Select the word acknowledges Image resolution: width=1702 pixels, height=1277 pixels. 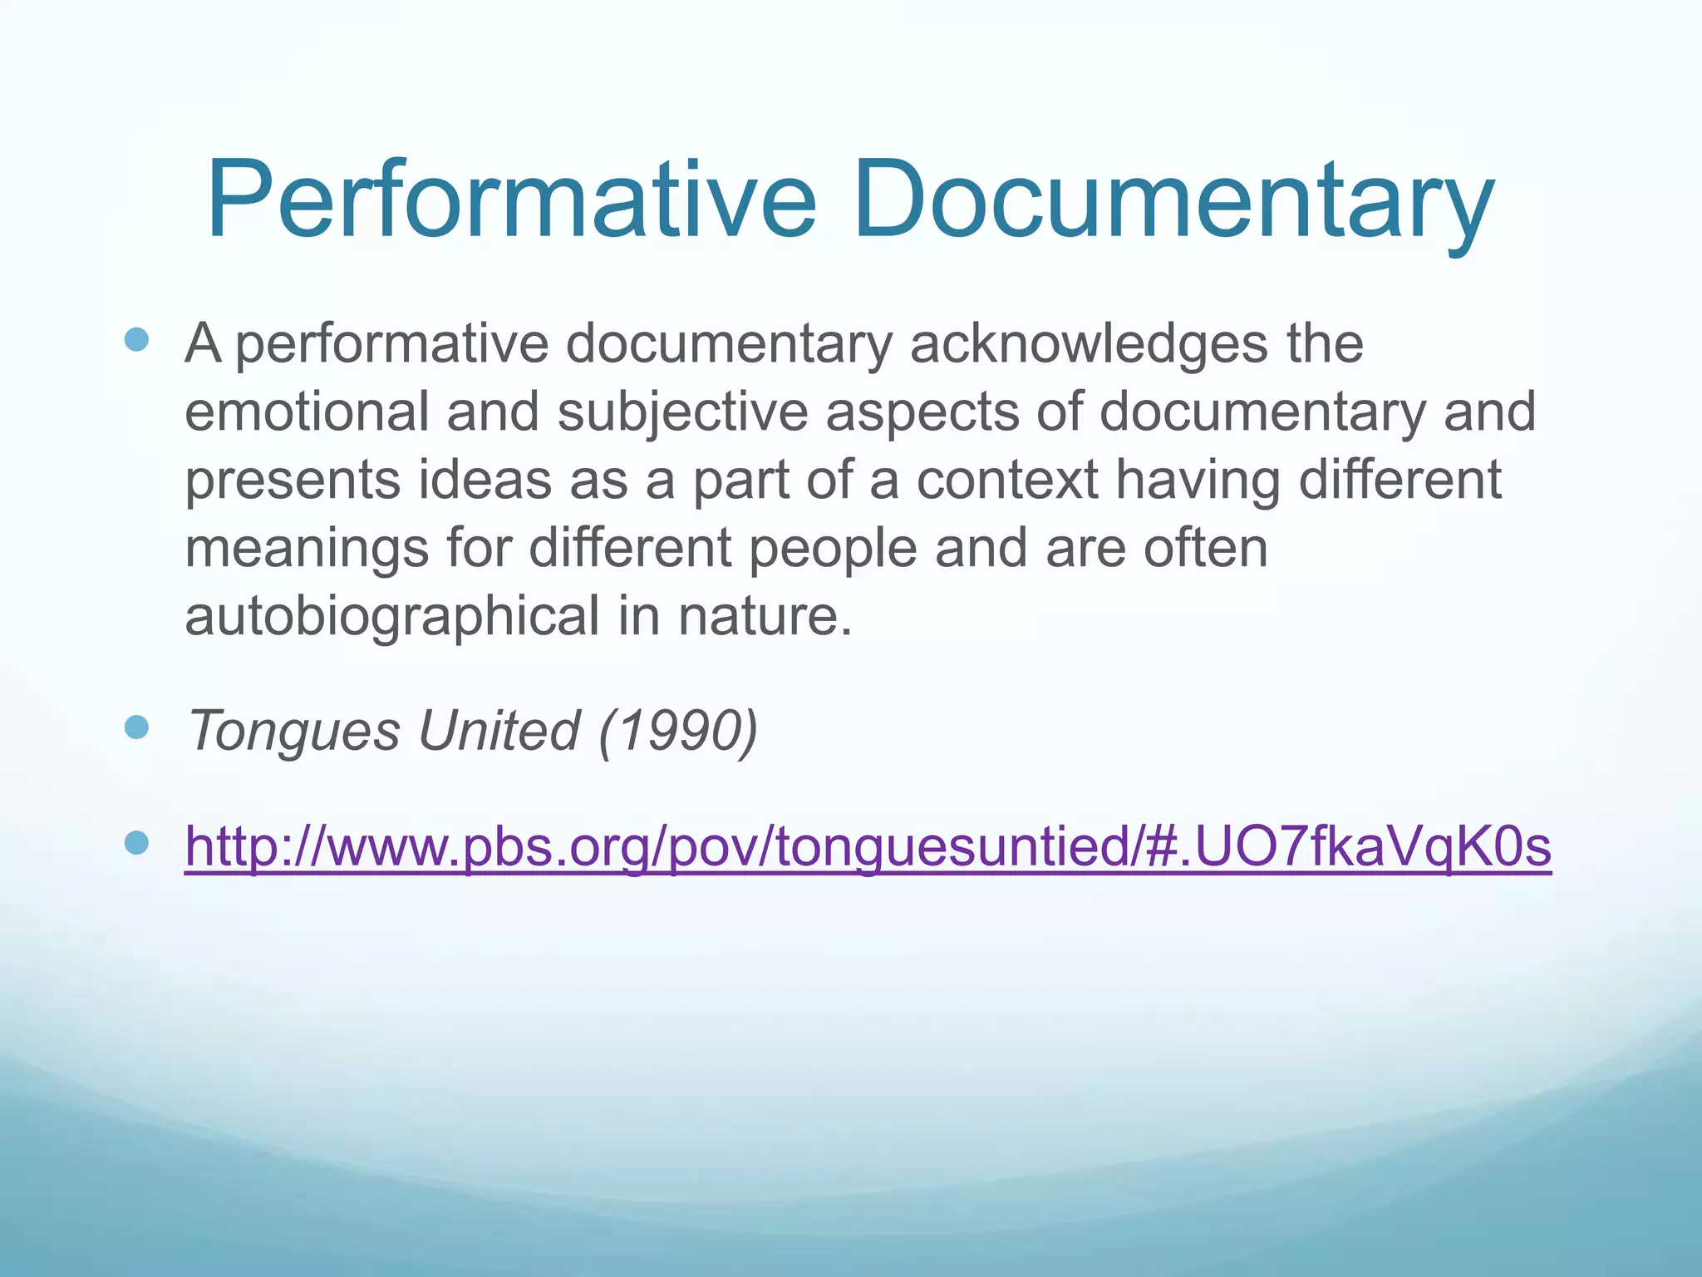click(x=1089, y=343)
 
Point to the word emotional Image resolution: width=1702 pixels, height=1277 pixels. click(x=307, y=412)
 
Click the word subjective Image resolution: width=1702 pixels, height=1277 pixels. click(x=682, y=413)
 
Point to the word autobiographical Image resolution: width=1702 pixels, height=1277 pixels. click(x=391, y=618)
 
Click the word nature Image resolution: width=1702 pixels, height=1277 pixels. click(x=765, y=618)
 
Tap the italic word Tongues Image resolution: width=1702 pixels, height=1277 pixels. click(x=294, y=732)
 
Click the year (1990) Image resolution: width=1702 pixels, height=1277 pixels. click(x=677, y=731)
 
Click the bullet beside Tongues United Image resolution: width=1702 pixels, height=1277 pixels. click(x=136, y=728)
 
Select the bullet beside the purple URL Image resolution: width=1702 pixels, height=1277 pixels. click(x=136, y=844)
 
